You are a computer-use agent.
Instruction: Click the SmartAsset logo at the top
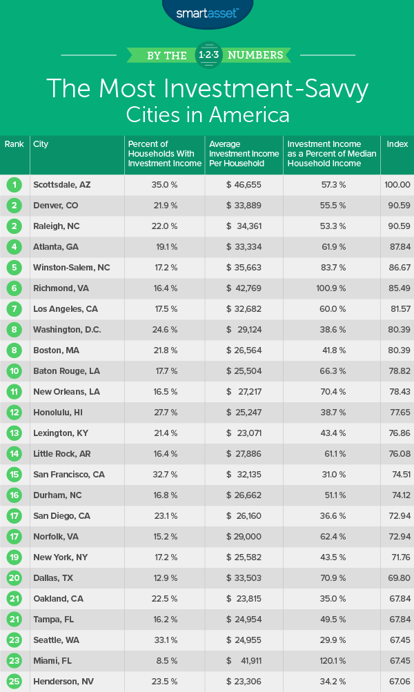(208, 12)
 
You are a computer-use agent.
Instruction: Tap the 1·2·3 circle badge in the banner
(208, 55)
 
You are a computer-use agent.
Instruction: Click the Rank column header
(14, 145)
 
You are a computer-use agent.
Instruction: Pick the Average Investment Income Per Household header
(244, 154)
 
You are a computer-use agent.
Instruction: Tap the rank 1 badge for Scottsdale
(14, 185)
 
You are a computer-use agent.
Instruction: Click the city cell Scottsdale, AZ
(61, 185)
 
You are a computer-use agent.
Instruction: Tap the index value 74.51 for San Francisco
(397, 474)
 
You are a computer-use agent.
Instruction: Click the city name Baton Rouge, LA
(66, 370)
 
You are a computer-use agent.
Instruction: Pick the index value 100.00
(397, 185)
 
